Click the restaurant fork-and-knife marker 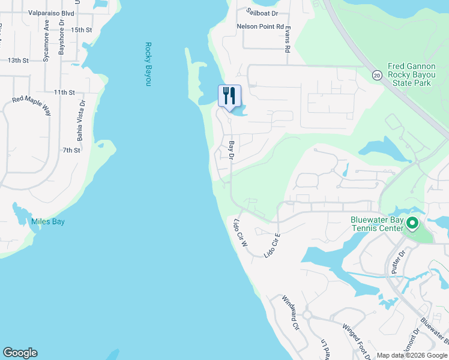[229, 96]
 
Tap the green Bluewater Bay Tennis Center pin [412, 224]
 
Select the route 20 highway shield [376, 75]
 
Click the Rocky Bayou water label [148, 64]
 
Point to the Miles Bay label [47, 222]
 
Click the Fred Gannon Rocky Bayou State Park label [409, 75]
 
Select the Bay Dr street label [232, 151]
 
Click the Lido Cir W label [240, 233]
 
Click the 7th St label [71, 150]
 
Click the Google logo [20, 353]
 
